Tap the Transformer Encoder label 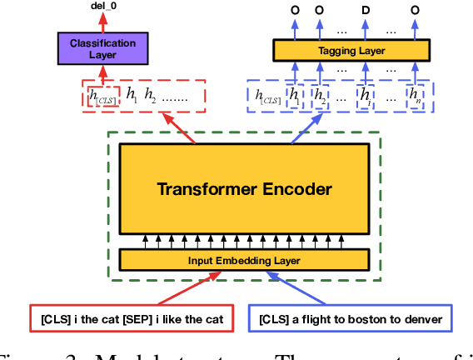[x=244, y=189]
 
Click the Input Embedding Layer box [x=244, y=261]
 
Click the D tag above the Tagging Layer [x=365, y=10]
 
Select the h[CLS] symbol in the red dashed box [x=104, y=97]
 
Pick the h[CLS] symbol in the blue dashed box [x=268, y=97]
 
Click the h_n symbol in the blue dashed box [x=415, y=97]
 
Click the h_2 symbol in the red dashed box [x=150, y=95]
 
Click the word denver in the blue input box [x=428, y=318]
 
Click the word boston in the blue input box [x=369, y=318]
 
